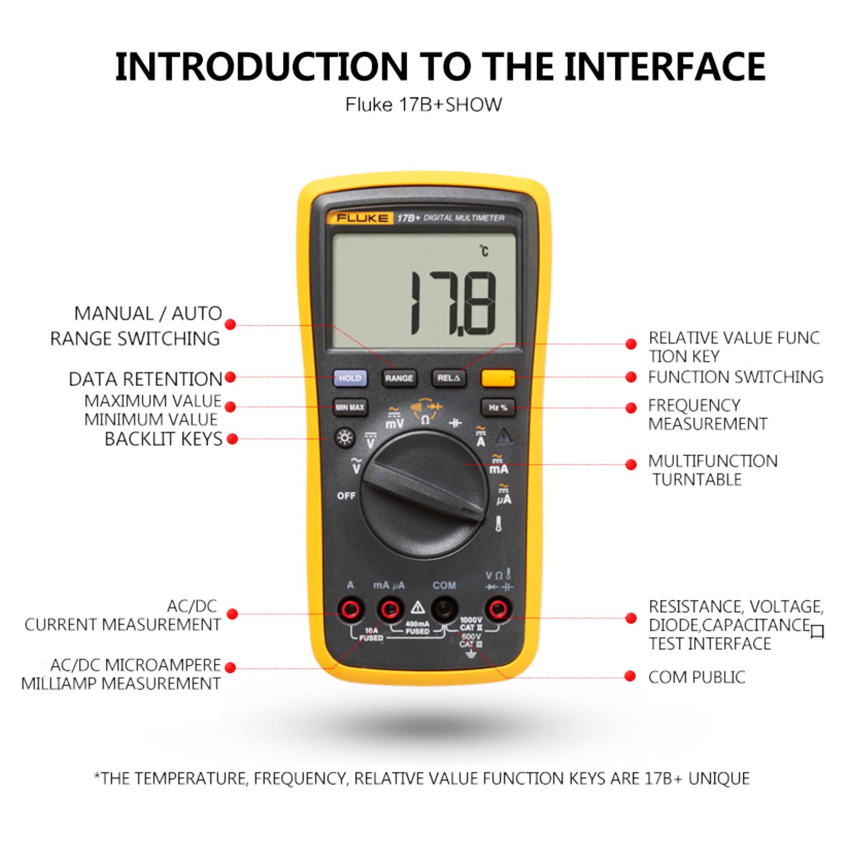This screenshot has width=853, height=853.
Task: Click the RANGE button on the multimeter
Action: pos(399,378)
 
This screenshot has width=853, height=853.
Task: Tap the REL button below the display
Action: pos(448,378)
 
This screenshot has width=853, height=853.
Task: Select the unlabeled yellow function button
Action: pos(498,378)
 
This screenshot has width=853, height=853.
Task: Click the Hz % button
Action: pos(498,407)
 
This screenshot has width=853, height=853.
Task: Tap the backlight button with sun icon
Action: pos(345,438)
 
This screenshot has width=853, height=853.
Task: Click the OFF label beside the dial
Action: pos(346,496)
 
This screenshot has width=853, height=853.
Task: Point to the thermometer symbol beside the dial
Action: pos(498,524)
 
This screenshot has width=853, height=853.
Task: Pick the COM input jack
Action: pos(444,609)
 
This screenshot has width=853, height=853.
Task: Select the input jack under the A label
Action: pos(350,609)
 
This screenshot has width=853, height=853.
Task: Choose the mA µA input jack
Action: pos(390,609)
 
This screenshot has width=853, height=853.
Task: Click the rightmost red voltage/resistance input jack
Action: pos(498,609)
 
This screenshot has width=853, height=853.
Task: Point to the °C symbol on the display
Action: pos(484,251)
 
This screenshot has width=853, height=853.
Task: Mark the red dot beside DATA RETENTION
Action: pos(230,377)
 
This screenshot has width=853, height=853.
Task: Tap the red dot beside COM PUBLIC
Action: pos(630,677)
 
